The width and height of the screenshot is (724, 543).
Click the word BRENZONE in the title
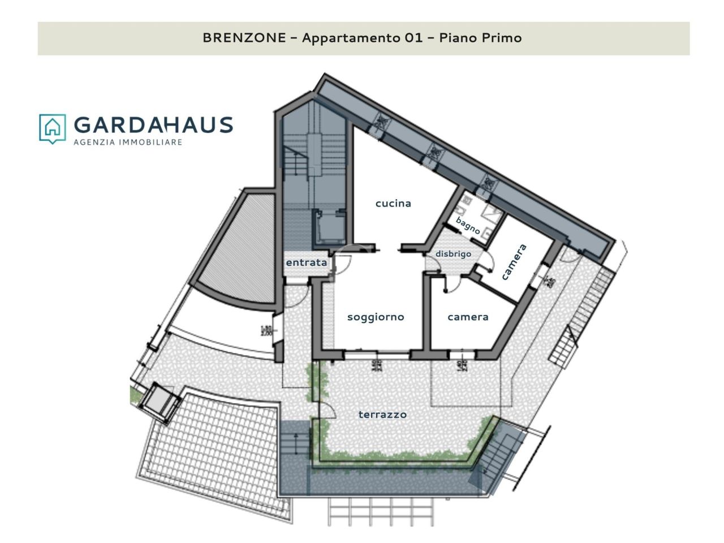[244, 38]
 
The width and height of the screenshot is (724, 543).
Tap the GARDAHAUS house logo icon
[52, 128]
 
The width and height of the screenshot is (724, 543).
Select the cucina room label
[393, 203]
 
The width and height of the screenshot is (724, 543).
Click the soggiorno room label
[376, 317]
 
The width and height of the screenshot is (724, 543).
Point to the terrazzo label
[382, 415]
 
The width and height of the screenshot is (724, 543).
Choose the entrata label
[306, 262]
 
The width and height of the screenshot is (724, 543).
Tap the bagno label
[468, 226]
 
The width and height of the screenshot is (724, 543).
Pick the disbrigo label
[453, 254]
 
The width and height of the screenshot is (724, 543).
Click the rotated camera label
[514, 262]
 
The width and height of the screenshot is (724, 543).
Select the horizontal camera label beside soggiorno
[468, 317]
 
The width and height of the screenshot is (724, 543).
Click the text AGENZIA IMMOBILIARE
[128, 142]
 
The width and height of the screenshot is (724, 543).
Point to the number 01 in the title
[413, 38]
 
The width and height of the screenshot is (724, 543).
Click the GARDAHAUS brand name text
[153, 125]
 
